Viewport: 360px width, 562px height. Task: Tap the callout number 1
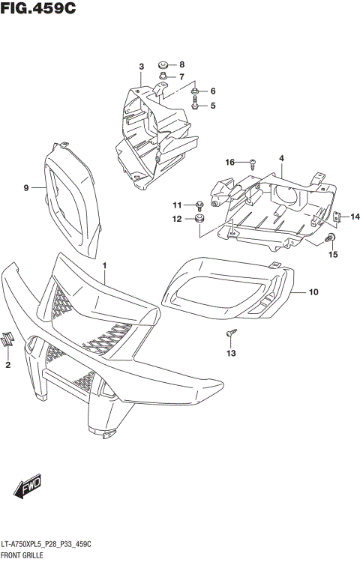tap(105, 265)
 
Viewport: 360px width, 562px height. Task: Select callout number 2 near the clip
tap(7, 365)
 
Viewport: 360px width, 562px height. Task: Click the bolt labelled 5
tap(195, 106)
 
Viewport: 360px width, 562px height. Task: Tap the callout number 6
tap(213, 91)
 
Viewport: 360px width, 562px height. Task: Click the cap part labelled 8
tap(164, 64)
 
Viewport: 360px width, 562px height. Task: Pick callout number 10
tap(313, 291)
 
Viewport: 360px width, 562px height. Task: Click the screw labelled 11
tap(199, 205)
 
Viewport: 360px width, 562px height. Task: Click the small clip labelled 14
tap(337, 217)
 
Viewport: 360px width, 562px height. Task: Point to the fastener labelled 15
tap(331, 238)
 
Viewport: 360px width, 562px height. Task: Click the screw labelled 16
tap(253, 162)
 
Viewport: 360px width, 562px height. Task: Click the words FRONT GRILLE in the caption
tap(22, 555)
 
